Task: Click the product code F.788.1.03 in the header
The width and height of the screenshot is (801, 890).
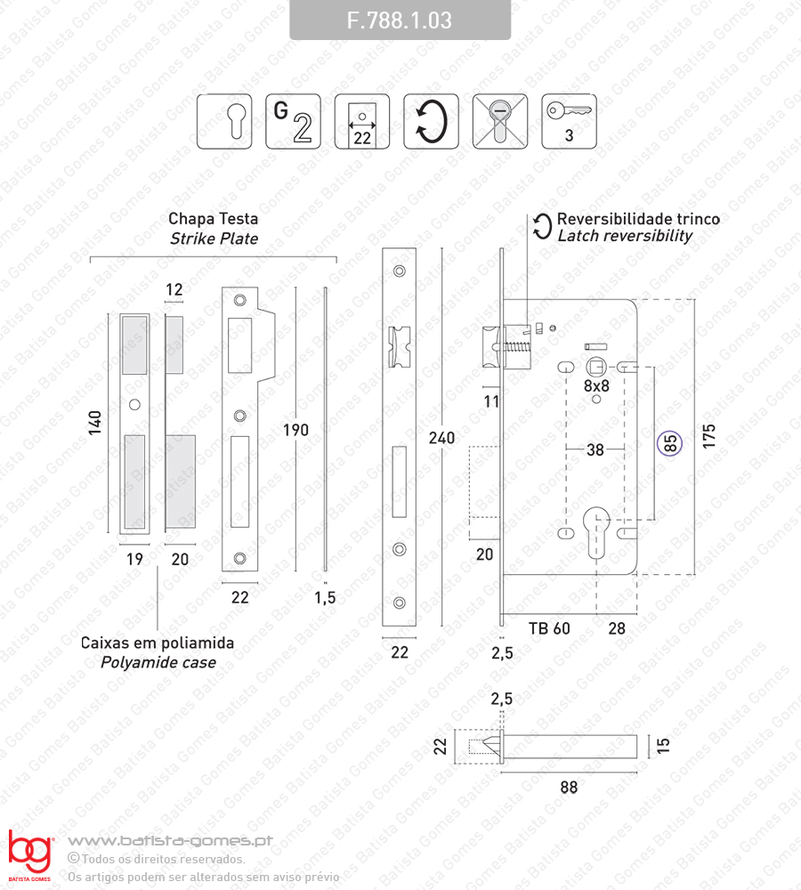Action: [400, 20]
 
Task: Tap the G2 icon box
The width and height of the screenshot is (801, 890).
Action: [293, 121]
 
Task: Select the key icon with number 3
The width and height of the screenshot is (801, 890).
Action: [569, 121]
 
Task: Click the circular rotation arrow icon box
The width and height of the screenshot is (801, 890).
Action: [431, 121]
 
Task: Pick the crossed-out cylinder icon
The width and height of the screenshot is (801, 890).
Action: [499, 121]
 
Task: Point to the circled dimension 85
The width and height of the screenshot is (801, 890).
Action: [670, 443]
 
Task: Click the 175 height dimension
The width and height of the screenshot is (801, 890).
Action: [709, 436]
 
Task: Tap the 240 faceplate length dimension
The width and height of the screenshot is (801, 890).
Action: [441, 438]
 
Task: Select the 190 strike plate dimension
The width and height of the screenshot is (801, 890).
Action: [295, 430]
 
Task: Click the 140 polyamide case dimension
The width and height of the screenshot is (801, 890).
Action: [95, 423]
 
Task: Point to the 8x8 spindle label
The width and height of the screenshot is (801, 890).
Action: [596, 386]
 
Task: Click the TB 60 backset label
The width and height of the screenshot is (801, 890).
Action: [549, 628]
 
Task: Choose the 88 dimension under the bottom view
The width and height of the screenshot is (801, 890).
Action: [569, 788]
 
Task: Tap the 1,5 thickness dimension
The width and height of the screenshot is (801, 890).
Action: [325, 597]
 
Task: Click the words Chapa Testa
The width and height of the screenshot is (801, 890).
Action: [214, 219]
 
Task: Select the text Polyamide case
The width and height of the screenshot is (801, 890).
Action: [158, 662]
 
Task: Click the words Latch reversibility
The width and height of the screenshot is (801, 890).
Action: [625, 236]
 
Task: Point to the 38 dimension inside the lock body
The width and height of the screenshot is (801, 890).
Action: [595, 449]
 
